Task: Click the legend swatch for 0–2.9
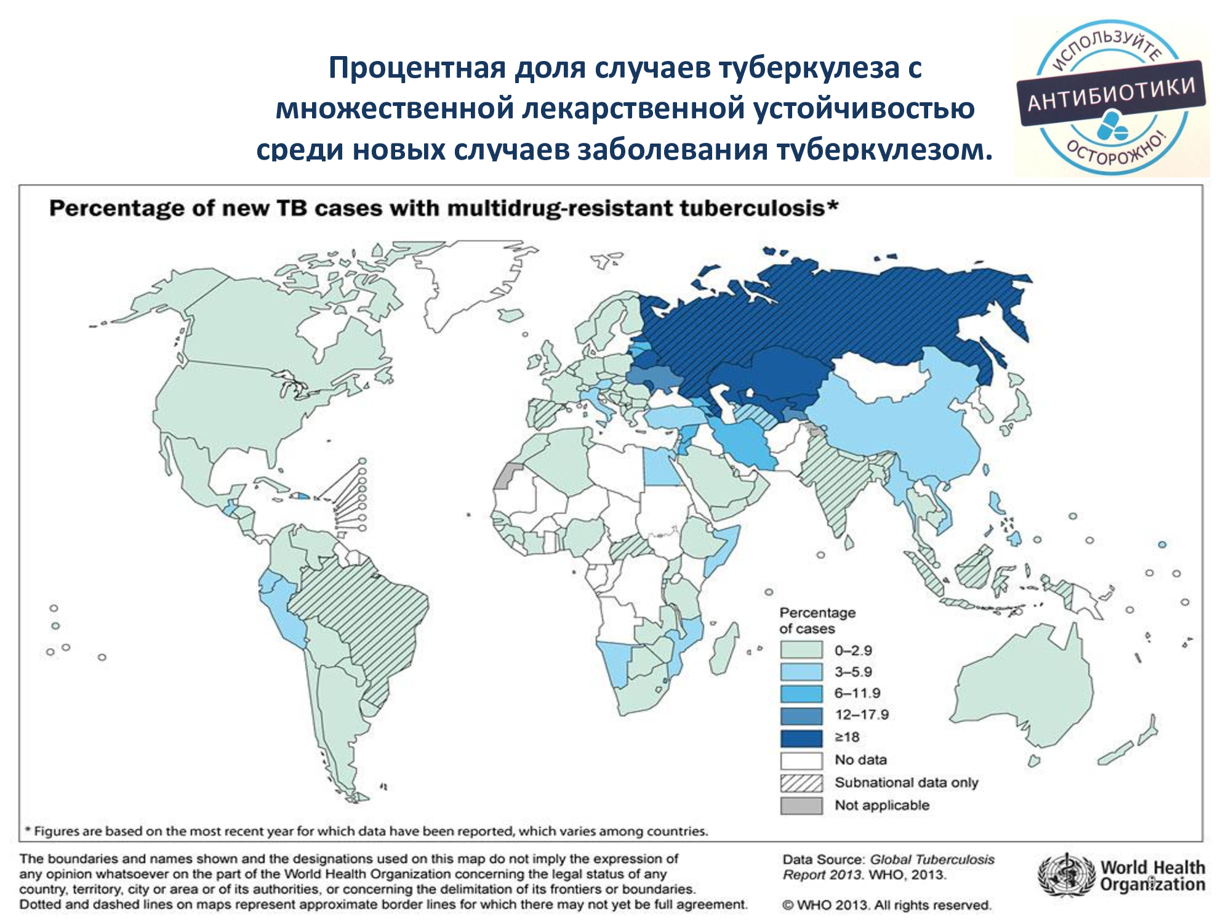tap(801, 650)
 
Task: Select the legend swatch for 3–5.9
tap(801, 671)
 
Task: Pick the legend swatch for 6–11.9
tap(801, 694)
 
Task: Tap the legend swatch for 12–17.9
tap(801, 715)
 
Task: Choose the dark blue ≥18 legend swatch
tap(801, 737)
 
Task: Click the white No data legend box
tap(801, 760)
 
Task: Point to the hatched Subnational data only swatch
tap(801, 783)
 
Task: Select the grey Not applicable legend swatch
tap(801, 805)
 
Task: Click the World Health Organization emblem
tap(1067, 875)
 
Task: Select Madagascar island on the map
tap(725, 650)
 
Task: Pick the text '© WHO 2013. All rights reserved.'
tap(887, 905)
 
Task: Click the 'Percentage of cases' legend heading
tap(817, 620)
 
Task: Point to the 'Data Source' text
tap(822, 859)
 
